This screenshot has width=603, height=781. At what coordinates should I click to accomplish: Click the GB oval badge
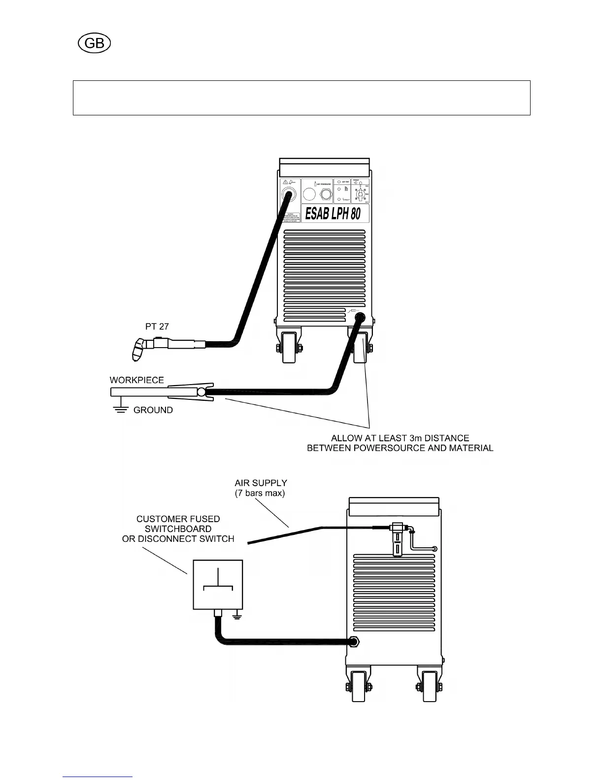(x=94, y=43)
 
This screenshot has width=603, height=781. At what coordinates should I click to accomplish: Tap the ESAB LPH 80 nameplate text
(x=333, y=214)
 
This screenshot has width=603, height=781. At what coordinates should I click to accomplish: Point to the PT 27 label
(x=157, y=326)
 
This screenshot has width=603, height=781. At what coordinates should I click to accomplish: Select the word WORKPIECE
(x=136, y=380)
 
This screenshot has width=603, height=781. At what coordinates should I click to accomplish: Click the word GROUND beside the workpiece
(x=153, y=410)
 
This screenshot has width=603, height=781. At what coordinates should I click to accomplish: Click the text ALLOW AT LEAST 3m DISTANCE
(x=400, y=438)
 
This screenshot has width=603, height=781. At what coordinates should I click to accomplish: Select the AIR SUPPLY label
(x=261, y=483)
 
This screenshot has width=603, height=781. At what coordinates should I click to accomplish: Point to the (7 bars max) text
(x=260, y=493)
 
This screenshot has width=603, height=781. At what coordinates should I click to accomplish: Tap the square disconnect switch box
(x=218, y=584)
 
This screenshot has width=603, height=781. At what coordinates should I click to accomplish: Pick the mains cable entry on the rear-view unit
(x=353, y=641)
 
